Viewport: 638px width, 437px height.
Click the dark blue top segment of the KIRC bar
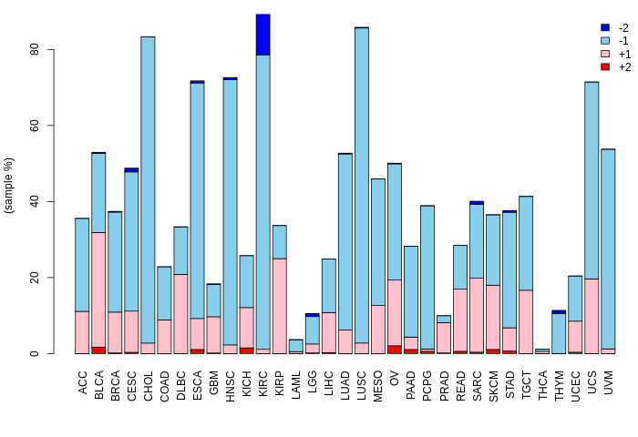point(262,35)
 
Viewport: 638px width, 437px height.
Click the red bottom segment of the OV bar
point(395,349)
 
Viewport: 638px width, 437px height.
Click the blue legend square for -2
point(604,27)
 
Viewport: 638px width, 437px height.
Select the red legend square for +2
point(604,66)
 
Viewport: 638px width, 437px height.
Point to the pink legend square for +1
point(604,54)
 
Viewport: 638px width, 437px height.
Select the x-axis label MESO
point(378,382)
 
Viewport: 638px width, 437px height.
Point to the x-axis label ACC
point(83,380)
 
